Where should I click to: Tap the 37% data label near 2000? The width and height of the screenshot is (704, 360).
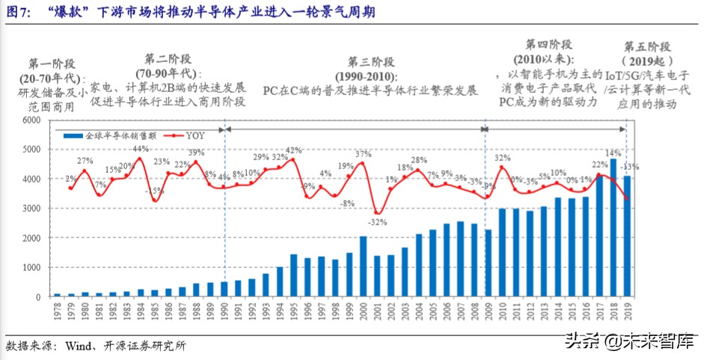pos(363,154)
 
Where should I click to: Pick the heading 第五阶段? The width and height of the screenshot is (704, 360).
pos(647,46)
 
